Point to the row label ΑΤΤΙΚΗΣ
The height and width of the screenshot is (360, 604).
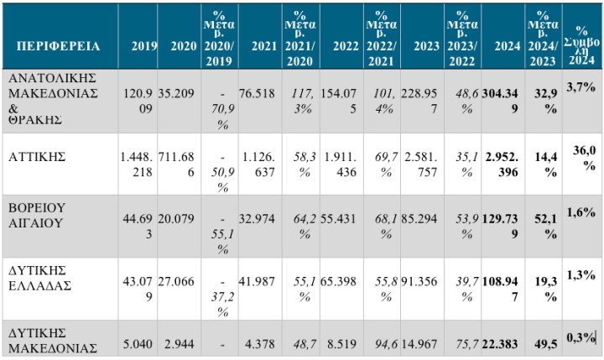click(33, 157)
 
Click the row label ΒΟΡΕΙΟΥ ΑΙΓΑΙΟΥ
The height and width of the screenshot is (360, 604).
click(39, 215)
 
